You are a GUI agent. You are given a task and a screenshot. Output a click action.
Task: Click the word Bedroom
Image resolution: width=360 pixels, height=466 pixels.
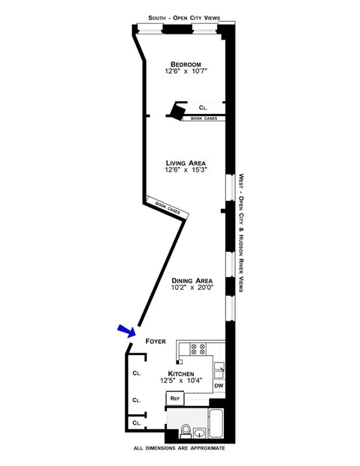186,64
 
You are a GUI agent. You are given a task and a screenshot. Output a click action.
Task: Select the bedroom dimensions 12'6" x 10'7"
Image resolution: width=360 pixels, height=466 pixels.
186,72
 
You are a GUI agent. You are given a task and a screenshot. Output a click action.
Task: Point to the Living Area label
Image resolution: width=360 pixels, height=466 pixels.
186,163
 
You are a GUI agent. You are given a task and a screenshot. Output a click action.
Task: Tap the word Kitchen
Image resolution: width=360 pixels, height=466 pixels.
182,373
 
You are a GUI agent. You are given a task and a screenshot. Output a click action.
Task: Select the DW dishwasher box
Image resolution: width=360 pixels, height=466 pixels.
219,386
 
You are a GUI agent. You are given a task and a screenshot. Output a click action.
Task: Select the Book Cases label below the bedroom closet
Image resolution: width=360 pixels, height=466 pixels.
205,118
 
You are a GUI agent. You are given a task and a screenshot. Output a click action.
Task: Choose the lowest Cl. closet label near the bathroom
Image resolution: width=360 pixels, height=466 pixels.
136,423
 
